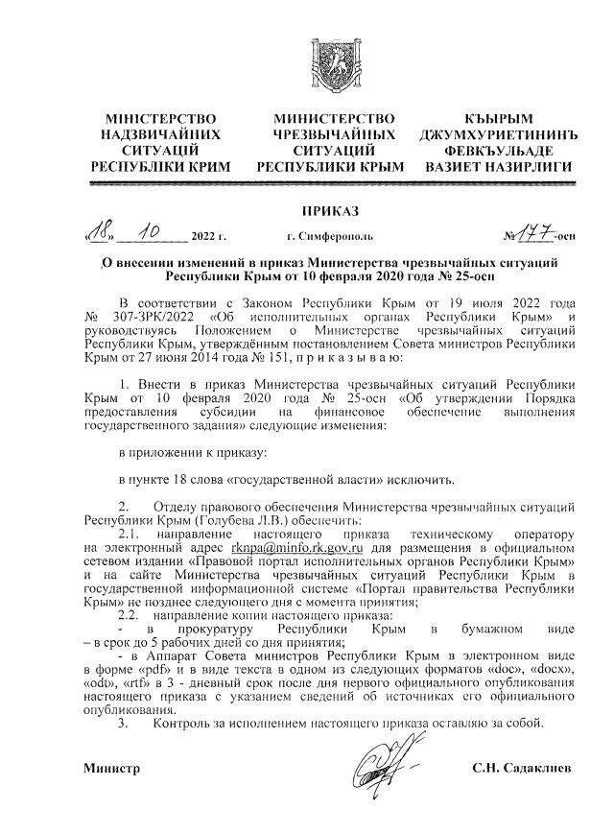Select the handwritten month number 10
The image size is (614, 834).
(149, 229)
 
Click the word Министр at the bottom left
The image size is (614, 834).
(111, 770)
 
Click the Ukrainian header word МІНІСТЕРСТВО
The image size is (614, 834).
(161, 118)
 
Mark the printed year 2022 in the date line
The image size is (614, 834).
(205, 235)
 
